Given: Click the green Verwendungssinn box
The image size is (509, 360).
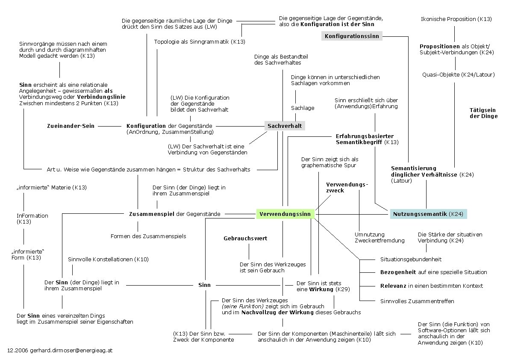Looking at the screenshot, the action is (x=285, y=214).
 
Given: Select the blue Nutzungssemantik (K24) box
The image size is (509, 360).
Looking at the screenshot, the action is (x=428, y=214).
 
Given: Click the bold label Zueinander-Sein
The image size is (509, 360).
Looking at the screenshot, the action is (x=71, y=126).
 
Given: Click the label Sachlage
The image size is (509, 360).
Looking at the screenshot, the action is (x=303, y=108).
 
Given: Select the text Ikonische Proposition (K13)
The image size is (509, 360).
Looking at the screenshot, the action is (x=456, y=19).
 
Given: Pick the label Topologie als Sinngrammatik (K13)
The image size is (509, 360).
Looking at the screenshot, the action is (x=200, y=42).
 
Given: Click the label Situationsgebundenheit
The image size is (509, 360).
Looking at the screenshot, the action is (x=411, y=259).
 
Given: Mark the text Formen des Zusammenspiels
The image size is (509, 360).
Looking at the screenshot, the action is (x=148, y=236).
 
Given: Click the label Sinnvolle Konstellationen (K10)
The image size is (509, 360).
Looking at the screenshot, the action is (x=109, y=260).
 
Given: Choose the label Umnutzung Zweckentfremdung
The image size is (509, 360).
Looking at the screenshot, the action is (x=379, y=237).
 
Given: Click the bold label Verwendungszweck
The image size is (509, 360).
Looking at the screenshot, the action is (x=347, y=187).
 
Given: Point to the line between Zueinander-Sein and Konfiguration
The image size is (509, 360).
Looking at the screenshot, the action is (x=110, y=126).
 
